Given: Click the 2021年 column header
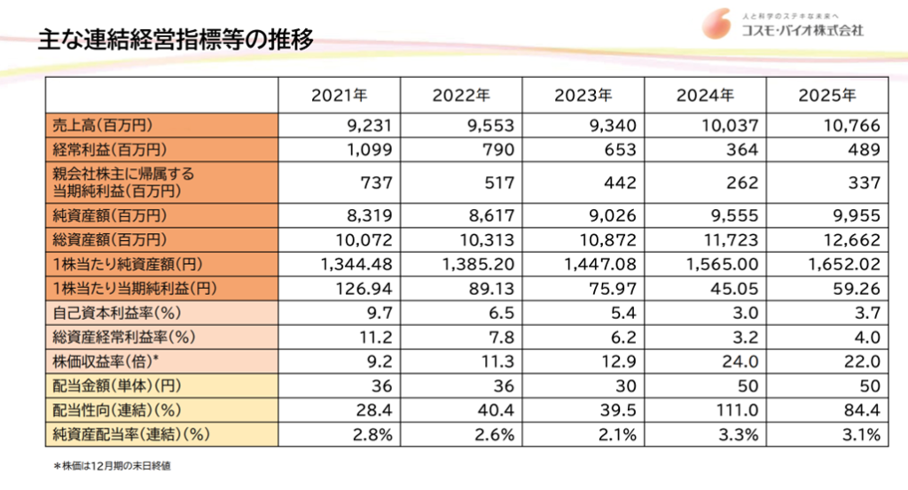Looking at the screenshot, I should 339,95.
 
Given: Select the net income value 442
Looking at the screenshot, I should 620,183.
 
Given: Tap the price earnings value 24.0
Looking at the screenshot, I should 743,361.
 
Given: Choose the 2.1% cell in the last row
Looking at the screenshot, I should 621,434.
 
